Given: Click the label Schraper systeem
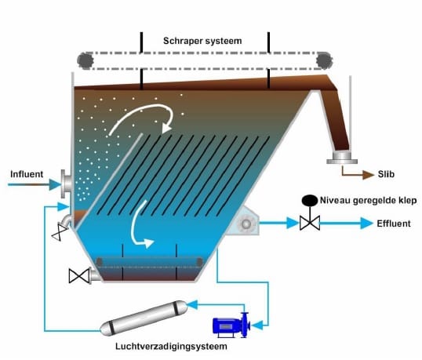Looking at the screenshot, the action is click(202, 41).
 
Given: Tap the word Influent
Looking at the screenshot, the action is click(27, 174).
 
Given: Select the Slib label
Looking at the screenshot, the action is click(386, 174).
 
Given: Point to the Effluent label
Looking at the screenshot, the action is click(394, 224).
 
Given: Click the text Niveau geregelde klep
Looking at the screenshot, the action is click(368, 201).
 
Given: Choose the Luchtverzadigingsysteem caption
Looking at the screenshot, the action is click(171, 347).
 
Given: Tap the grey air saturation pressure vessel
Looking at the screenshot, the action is click(144, 318).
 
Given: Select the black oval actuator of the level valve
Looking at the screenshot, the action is click(310, 201).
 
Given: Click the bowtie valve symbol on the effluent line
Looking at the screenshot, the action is click(310, 223).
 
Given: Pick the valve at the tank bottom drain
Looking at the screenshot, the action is click(79, 276).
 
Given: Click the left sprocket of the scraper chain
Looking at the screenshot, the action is click(85, 61).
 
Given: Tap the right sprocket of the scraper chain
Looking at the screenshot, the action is click(324, 60).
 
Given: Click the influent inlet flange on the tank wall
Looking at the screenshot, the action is click(66, 184).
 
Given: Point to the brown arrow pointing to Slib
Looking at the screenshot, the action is click(358, 173).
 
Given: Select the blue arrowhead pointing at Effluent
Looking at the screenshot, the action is click(366, 223).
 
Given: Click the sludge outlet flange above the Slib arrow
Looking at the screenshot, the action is click(342, 158).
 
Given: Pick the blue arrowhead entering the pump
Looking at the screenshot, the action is click(258, 325).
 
